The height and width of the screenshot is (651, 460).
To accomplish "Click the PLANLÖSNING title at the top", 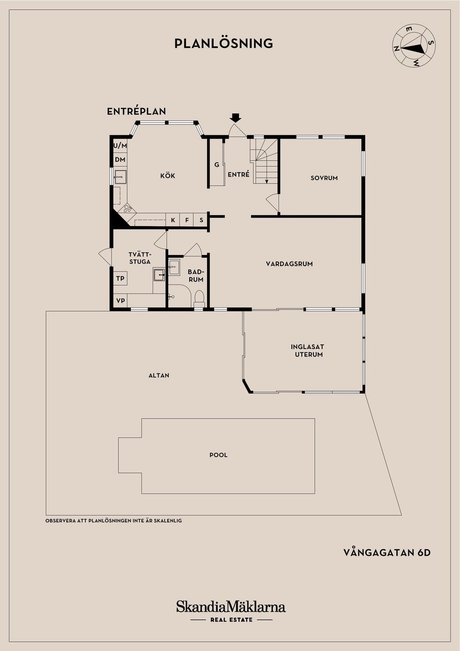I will tap(224, 44).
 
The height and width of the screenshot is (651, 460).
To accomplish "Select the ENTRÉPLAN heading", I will tap(137, 111).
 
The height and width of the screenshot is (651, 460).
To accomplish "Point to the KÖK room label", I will tap(168, 176).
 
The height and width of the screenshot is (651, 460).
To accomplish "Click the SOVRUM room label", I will tap(324, 178).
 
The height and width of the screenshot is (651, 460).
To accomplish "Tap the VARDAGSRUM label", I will tap(289, 264).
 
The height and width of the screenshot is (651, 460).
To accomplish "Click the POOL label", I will tap(218, 455).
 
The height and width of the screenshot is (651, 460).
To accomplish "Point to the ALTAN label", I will tap(159, 375).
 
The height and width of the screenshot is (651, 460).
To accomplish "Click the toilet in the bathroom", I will tap(199, 298).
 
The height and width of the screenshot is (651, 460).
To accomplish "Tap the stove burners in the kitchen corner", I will tap(127, 209).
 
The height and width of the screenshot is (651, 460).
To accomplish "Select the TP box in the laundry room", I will tap(120, 279).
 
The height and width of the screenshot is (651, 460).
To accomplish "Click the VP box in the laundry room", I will tap(120, 301).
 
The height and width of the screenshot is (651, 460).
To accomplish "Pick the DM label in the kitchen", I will tap(120, 160).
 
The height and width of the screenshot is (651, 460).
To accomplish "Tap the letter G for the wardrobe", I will tap(217, 164).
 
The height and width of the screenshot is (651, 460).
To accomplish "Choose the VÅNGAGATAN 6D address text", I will tap(387, 553).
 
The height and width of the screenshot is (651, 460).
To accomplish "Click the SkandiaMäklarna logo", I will tap(231, 607).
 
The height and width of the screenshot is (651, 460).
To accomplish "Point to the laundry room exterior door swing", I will tap(104, 256).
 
